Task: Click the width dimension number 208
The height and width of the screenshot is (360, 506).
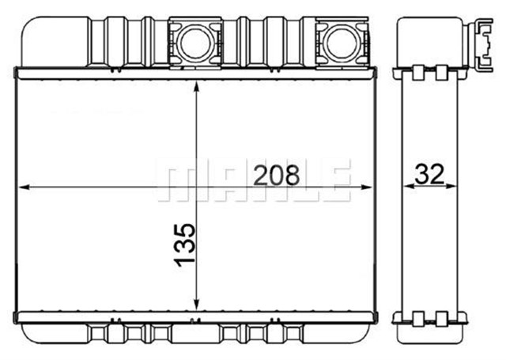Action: coord(276,175)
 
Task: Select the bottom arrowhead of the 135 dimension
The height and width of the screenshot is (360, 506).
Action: coord(195,305)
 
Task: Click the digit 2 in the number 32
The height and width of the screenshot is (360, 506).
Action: coord(440,175)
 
